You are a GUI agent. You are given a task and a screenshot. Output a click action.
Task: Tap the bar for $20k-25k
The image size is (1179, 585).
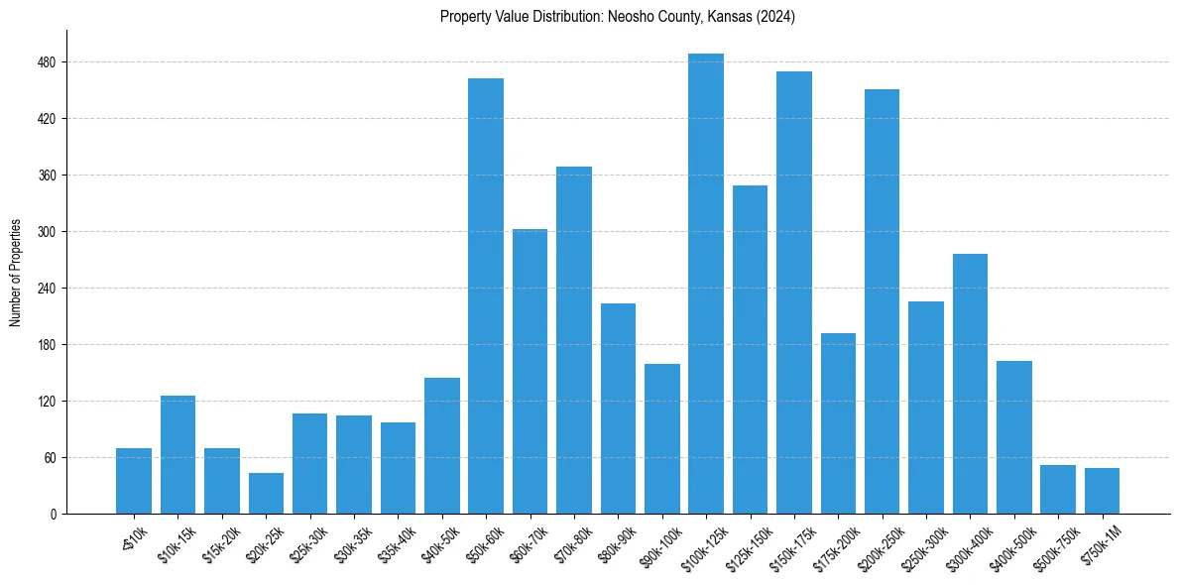pyautogui.click(x=266, y=493)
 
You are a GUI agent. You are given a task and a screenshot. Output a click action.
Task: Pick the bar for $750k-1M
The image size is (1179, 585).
pyautogui.click(x=1102, y=491)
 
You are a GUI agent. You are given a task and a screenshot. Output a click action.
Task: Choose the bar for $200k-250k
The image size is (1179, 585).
pyautogui.click(x=882, y=301)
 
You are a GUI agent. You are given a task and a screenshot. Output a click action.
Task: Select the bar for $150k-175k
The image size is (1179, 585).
pyautogui.click(x=794, y=292)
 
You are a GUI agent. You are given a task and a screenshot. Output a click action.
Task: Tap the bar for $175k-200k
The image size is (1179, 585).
pyautogui.click(x=838, y=423)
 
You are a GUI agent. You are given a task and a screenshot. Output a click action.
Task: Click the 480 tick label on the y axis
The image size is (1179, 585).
pyautogui.click(x=48, y=62)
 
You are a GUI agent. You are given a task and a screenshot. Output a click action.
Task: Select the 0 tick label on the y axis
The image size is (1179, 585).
pyautogui.click(x=54, y=515)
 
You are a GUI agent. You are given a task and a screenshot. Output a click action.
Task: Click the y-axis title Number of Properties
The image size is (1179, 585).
pyautogui.click(x=16, y=272)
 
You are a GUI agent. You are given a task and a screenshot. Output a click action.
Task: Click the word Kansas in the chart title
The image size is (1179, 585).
pyautogui.click(x=728, y=17)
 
